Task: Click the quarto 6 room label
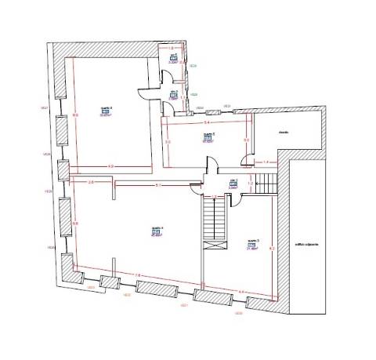[x=107, y=107]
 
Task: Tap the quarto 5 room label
[x=208, y=134]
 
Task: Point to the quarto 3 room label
[x=253, y=239]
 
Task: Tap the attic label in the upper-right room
[x=284, y=132]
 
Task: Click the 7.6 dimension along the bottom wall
[x=139, y=275]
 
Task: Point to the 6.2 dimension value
[x=272, y=248]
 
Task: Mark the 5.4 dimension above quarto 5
[x=207, y=123]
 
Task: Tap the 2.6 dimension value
[x=91, y=182]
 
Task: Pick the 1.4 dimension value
[x=266, y=162]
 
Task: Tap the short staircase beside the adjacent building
[x=269, y=184]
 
